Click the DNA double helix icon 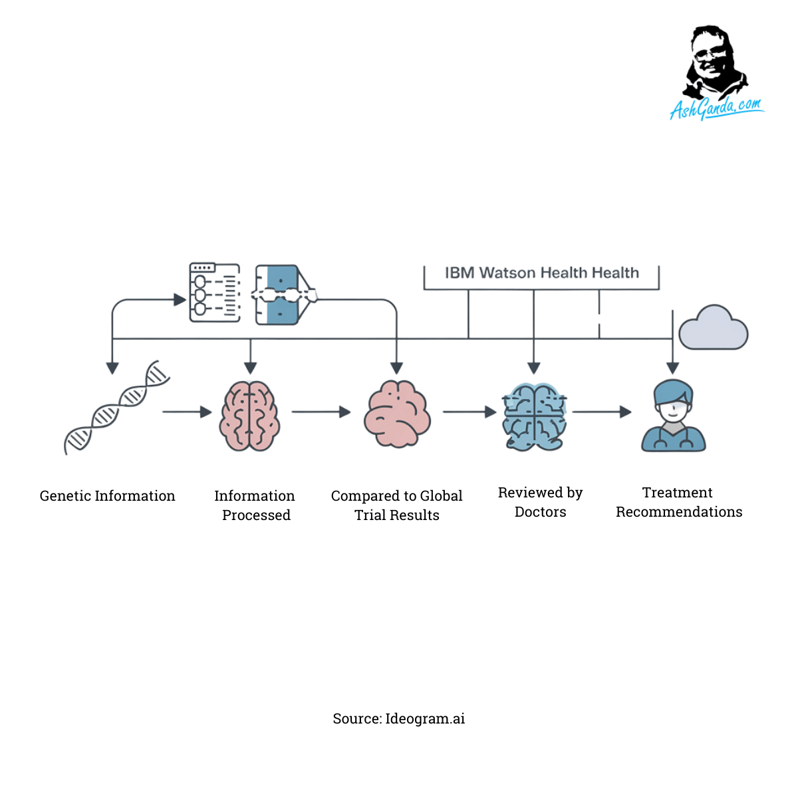[x=116, y=407]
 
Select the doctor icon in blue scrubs [x=673, y=416]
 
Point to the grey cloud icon [x=713, y=329]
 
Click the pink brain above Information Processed [x=250, y=416]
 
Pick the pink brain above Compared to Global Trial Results [x=397, y=414]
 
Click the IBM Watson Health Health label [x=541, y=273]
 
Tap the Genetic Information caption [x=108, y=496]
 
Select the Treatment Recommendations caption [x=679, y=502]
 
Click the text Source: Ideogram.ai [x=399, y=719]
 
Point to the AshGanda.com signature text [x=716, y=108]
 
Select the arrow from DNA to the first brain [x=187, y=412]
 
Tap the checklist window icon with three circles [x=215, y=293]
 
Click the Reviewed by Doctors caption [x=541, y=502]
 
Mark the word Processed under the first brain [x=256, y=515]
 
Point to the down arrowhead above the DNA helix [x=112, y=368]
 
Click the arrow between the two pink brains [x=321, y=412]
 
